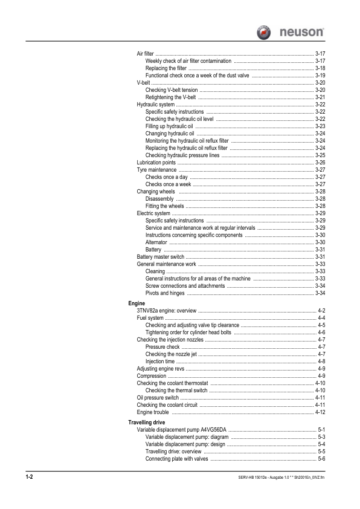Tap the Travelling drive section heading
147,422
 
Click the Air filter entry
145,54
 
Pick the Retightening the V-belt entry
171,97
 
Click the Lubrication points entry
156,163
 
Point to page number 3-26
321,163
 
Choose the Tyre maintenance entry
156,170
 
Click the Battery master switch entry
161,257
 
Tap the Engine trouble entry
153,412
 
